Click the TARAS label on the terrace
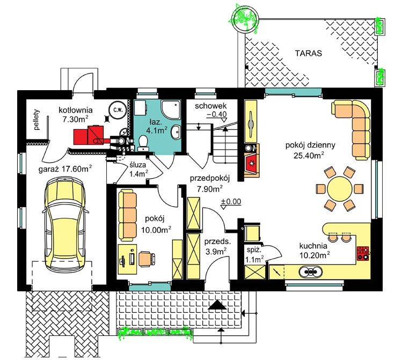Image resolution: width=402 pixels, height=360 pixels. click(x=308, y=53)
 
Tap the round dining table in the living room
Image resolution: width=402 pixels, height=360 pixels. click(x=340, y=189)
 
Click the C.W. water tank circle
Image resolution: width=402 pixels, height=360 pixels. click(x=118, y=111)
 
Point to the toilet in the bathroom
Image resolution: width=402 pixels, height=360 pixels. click(x=143, y=143)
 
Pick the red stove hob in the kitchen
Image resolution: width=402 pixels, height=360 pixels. click(x=363, y=253)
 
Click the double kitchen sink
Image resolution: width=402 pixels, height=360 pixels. click(x=310, y=271)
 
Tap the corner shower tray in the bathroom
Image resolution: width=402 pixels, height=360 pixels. click(x=171, y=109)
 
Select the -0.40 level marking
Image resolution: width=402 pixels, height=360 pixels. click(x=217, y=114)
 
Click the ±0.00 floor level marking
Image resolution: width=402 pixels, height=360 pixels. click(x=231, y=202)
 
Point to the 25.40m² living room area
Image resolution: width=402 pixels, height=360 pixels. click(x=309, y=155)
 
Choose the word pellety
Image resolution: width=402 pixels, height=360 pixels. click(x=37, y=120)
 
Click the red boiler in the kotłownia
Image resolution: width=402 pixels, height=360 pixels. click(x=89, y=135)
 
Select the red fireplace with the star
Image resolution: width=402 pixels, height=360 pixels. click(x=251, y=163)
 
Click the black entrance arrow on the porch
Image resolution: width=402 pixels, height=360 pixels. click(x=217, y=305)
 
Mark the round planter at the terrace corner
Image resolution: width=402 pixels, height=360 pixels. click(x=244, y=19)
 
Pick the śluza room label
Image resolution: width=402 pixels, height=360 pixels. click(x=138, y=165)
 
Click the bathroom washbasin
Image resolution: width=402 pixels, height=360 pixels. click(x=176, y=132)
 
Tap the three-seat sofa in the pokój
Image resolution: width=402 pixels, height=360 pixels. click(x=127, y=215)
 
